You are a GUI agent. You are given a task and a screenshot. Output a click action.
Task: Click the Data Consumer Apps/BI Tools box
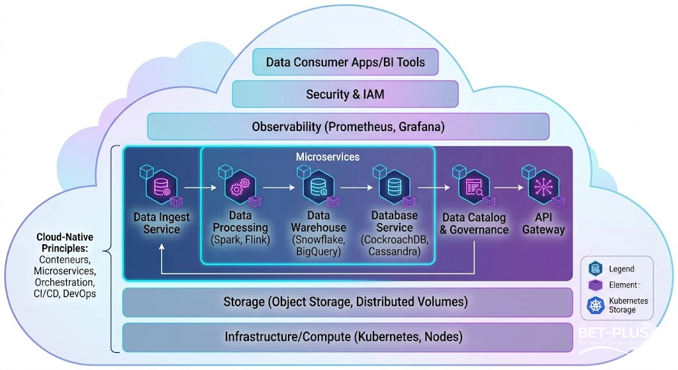(345, 63)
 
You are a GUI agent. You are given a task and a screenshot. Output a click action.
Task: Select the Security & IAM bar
(345, 94)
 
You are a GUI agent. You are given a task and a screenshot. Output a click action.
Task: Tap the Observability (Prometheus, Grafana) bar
(348, 126)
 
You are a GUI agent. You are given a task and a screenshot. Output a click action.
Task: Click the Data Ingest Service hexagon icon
(162, 187)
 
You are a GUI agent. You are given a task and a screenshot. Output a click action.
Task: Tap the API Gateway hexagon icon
(544, 187)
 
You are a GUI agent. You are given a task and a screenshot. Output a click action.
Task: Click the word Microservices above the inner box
(318, 157)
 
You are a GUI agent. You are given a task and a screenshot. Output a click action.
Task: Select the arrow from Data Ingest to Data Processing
(201, 189)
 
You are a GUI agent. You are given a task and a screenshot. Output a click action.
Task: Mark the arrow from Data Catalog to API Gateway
(508, 188)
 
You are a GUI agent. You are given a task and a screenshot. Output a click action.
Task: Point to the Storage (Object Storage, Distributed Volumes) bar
(345, 302)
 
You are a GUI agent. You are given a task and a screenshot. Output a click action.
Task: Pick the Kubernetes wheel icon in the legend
(595, 305)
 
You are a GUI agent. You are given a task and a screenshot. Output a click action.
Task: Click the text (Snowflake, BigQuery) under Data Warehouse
(318, 246)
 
